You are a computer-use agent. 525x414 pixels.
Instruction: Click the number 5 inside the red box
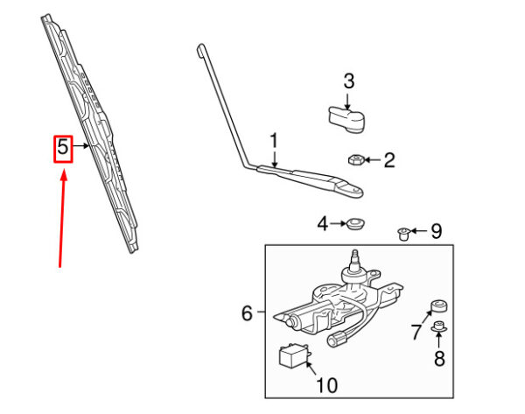(63, 147)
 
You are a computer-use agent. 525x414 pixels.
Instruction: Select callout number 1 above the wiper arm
(274, 141)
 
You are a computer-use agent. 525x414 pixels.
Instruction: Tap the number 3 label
(348, 81)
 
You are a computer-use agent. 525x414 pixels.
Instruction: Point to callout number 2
(389, 160)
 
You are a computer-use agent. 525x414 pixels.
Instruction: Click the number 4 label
(323, 223)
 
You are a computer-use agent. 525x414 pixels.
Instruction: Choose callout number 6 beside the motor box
(247, 313)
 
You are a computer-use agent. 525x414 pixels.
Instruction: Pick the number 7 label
(416, 331)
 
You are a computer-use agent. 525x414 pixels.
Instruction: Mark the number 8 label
(439, 358)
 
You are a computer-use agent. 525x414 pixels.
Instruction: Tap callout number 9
(436, 231)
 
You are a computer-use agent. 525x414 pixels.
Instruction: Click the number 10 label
(326, 385)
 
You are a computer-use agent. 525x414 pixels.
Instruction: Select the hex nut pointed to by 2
(356, 159)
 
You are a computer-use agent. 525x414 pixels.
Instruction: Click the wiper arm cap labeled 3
(346, 119)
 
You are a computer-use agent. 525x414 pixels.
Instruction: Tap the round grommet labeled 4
(354, 224)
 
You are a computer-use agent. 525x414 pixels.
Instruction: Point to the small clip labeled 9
(404, 234)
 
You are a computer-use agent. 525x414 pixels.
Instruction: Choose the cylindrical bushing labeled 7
(438, 305)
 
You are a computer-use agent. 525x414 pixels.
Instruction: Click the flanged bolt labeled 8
(438, 326)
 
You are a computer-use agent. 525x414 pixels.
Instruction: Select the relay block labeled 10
(294, 357)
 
